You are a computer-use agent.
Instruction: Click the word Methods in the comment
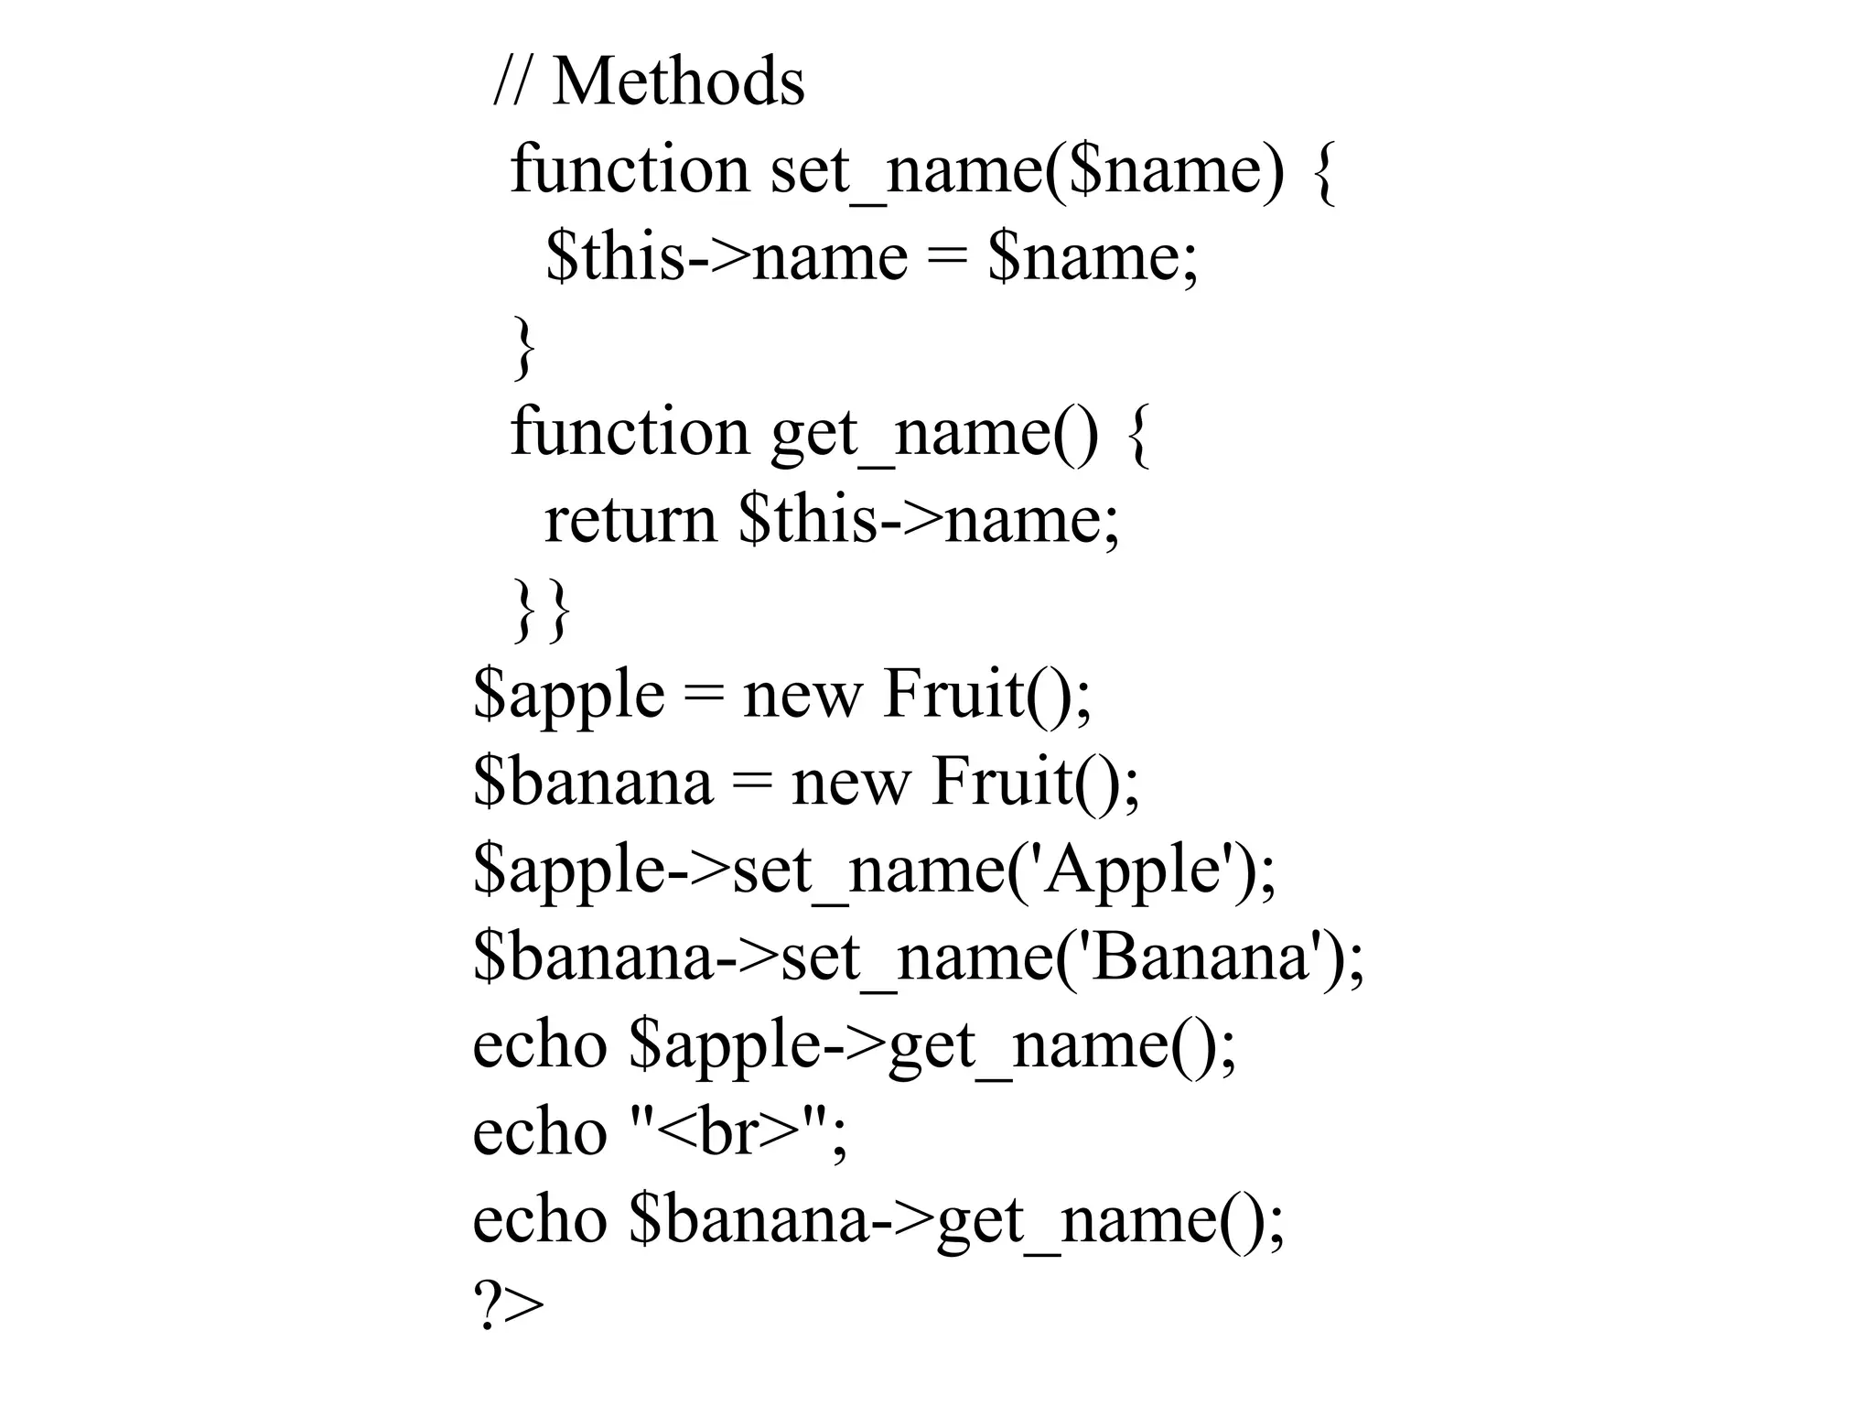click(x=678, y=82)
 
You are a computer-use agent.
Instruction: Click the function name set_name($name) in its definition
click(x=1027, y=170)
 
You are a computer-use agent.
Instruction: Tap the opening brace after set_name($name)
click(x=1324, y=172)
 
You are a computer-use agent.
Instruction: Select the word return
click(x=630, y=520)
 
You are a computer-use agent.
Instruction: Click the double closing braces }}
click(x=542, y=608)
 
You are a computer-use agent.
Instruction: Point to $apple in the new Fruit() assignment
click(x=568, y=696)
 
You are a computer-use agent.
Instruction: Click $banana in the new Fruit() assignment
click(x=592, y=784)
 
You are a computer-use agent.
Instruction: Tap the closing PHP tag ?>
click(x=508, y=1307)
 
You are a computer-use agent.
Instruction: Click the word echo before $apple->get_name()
click(x=540, y=1045)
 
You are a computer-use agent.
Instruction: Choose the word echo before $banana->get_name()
click(x=540, y=1221)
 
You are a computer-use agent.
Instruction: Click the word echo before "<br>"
click(x=540, y=1133)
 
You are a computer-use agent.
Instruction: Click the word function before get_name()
click(x=630, y=432)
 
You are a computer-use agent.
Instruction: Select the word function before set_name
click(x=630, y=170)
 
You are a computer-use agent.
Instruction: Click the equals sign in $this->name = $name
click(x=947, y=258)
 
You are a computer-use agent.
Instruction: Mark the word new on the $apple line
click(x=802, y=696)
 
